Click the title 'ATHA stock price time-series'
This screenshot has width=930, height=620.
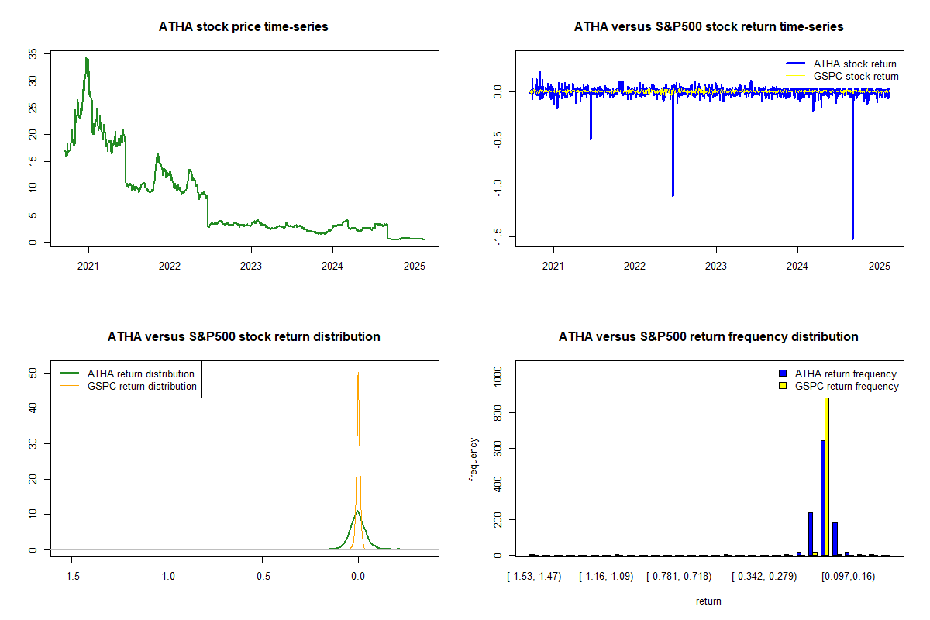point(243,27)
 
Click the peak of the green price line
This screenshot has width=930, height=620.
point(87,58)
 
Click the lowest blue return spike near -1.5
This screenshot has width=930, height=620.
point(852,239)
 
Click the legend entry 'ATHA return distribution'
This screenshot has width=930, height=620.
point(140,374)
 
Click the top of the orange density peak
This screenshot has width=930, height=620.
point(358,373)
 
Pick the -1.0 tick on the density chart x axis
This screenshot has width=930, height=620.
point(166,577)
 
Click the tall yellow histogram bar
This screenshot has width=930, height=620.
point(827,473)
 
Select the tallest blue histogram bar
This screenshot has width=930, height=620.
point(822,496)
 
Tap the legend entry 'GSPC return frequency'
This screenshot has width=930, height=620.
point(846,386)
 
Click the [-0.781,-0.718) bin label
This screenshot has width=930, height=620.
point(679,577)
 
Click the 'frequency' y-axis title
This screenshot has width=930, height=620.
point(474,460)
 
